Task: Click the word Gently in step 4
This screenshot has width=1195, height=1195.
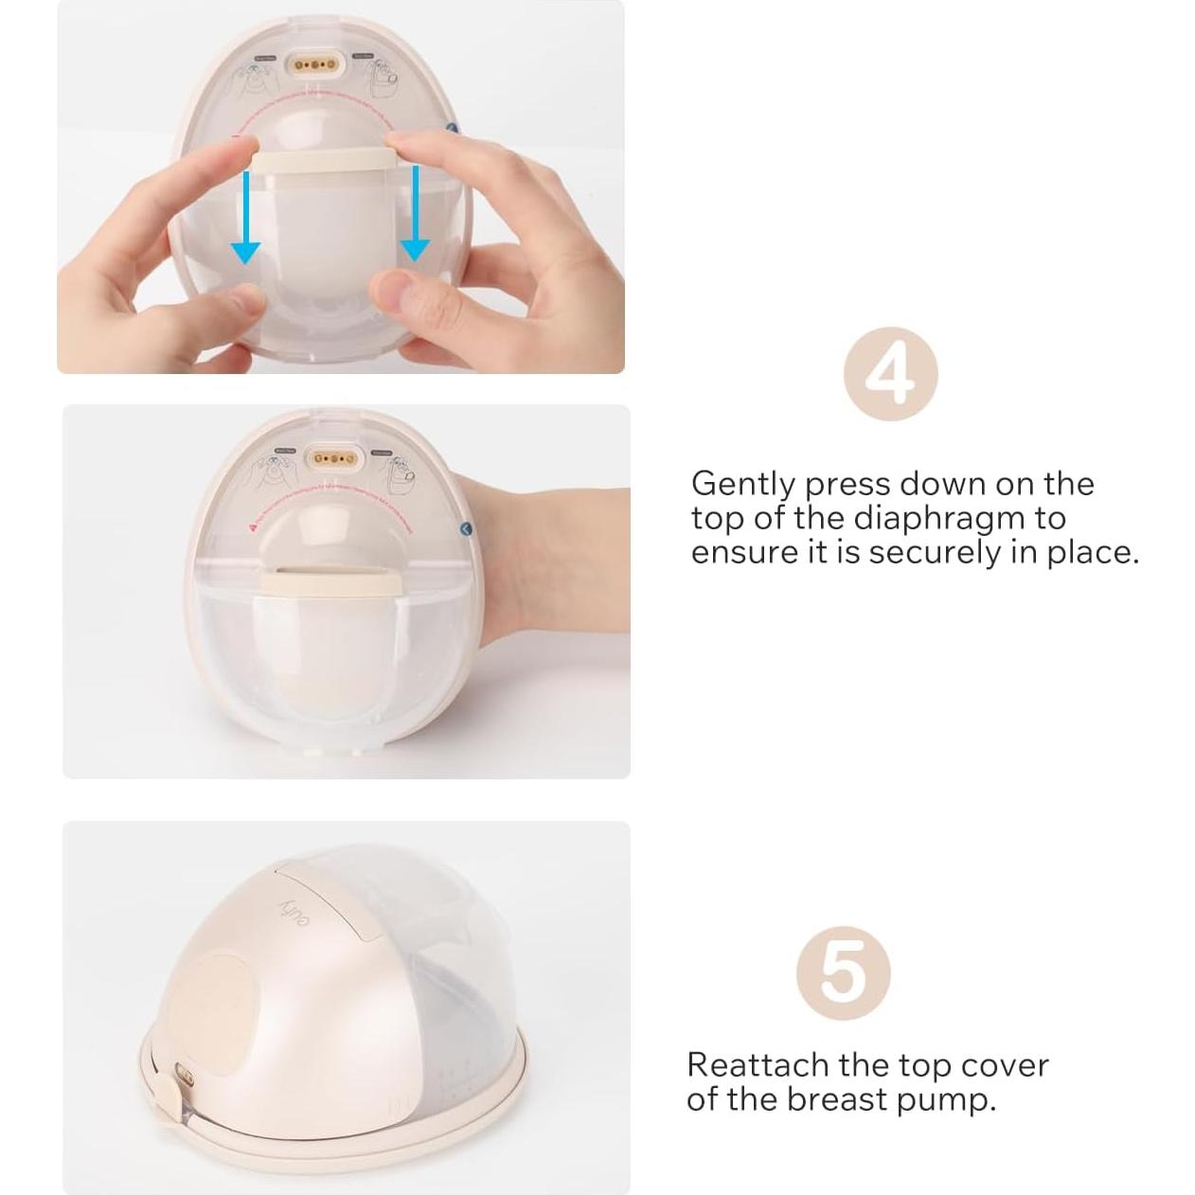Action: pyautogui.click(x=743, y=485)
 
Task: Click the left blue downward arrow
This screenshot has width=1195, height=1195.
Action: pyautogui.click(x=246, y=218)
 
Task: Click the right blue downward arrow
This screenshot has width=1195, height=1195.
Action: pyautogui.click(x=414, y=218)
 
